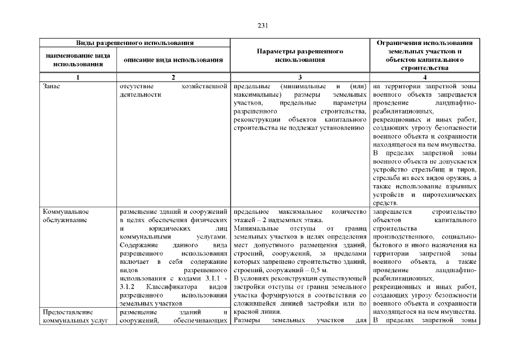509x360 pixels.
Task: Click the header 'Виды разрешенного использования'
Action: point(135,43)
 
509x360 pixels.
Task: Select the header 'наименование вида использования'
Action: point(76,60)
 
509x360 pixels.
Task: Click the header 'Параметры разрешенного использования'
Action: point(300,55)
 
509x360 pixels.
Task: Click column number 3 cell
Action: point(300,78)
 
